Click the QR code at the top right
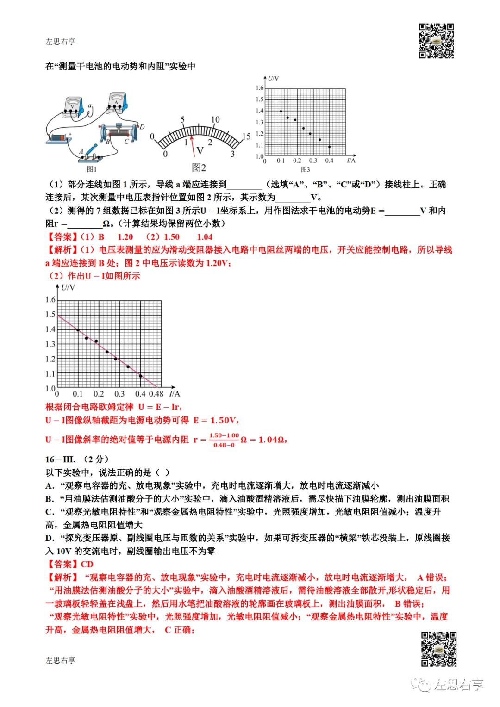coord(436,41)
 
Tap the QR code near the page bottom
coord(438,649)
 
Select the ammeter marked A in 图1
coord(117,102)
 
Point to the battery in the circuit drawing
coord(57,138)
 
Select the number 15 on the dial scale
coord(246,136)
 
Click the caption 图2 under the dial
coord(199,167)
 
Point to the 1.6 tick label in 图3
coord(259,88)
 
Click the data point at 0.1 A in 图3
coord(281,112)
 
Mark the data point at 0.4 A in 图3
coord(329,147)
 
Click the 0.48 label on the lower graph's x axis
coord(156,394)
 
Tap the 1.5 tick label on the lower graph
coord(50,315)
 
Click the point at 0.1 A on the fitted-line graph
coord(78,330)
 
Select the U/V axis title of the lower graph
coord(68,288)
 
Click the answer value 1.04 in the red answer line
coord(205,237)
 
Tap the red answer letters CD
coord(87,564)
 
